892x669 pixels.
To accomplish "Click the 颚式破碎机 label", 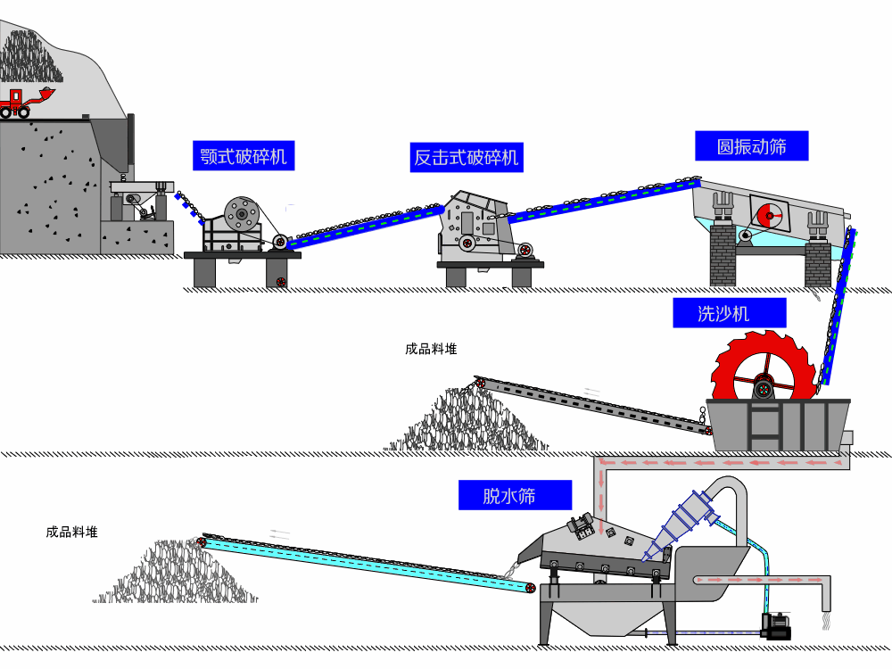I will pos(244,156).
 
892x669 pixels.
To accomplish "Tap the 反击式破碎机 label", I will pos(466,158).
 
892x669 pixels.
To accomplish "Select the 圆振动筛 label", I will pos(751,146).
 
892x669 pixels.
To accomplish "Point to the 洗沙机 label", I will pos(729,313).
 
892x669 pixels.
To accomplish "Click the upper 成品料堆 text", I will pos(431,349).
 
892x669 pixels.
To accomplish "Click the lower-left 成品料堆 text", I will pos(71,532).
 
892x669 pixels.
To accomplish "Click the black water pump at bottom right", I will pos(775,626).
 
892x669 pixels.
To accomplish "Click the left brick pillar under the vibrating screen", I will pos(722,254).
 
